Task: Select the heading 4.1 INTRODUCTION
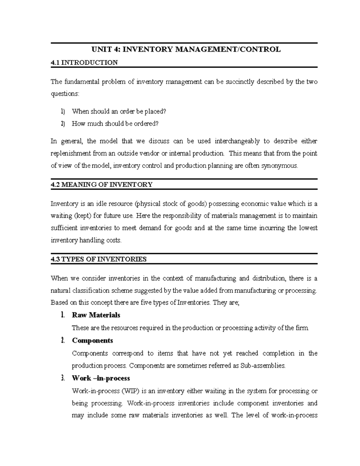pyautogui.click(x=84, y=62)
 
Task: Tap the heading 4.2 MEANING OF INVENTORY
pyautogui.click(x=102, y=185)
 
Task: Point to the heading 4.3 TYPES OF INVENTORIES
pyautogui.click(x=99, y=259)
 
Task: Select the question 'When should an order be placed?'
pyautogui.click(x=119, y=111)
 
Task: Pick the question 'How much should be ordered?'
pyautogui.click(x=115, y=124)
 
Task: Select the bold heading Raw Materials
pyautogui.click(x=96, y=315)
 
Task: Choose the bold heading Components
pyautogui.click(x=92, y=341)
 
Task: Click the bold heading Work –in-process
pyautogui.click(x=101, y=378)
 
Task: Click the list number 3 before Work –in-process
pyautogui.click(x=63, y=378)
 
